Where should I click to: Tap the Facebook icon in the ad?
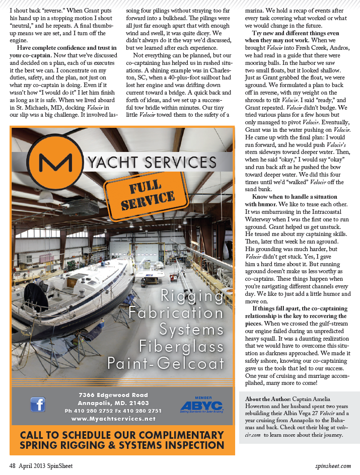[x=38, y=404]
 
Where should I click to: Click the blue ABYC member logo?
[x=201, y=406]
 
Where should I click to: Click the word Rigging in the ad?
[x=192, y=296]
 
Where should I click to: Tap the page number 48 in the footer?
[x=13, y=466]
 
